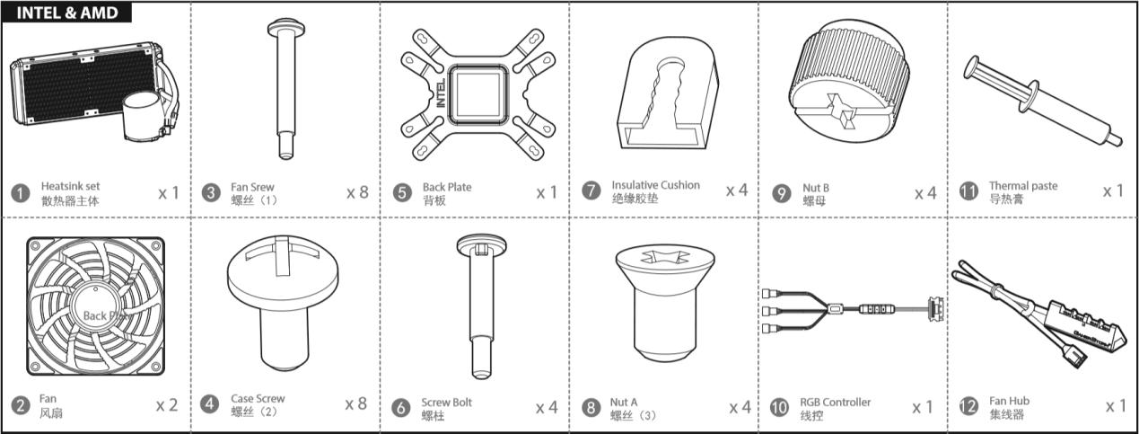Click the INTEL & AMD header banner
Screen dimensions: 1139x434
coord(66,13)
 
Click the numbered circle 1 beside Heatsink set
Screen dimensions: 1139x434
coord(21,193)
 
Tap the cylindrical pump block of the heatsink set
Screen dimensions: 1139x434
coord(143,116)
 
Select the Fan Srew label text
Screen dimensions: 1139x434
coord(252,187)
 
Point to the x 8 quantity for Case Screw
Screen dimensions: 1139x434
coord(356,403)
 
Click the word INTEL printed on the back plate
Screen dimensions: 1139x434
coord(441,93)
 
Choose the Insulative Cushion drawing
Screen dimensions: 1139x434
coord(668,93)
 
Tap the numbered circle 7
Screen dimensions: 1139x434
coord(591,190)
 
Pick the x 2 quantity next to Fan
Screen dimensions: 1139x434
coord(167,405)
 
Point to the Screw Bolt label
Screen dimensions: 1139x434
coord(446,402)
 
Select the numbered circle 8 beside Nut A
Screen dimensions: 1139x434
coord(591,408)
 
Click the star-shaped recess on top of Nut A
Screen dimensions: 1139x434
coord(665,257)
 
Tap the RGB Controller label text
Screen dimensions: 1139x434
coord(836,402)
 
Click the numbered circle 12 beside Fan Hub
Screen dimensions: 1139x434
coord(968,406)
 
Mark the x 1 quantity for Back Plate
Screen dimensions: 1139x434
coord(548,192)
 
